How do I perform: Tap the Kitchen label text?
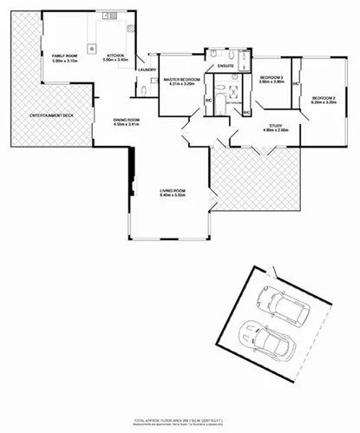[115, 55]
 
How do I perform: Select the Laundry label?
[146, 69]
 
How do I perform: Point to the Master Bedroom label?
[182, 80]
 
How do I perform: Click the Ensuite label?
[227, 65]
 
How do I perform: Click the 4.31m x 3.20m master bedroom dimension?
[182, 85]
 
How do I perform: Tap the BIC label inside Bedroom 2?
[296, 84]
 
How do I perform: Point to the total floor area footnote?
[179, 419]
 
